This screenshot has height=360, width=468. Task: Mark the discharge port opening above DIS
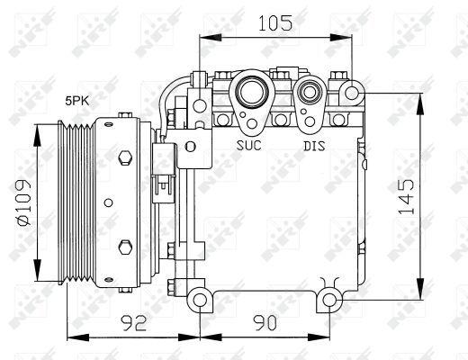(x=312, y=91)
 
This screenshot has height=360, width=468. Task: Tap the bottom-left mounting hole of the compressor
(x=199, y=298)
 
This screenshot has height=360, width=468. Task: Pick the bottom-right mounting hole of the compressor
(x=330, y=299)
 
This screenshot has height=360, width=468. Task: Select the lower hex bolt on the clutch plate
(x=123, y=245)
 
